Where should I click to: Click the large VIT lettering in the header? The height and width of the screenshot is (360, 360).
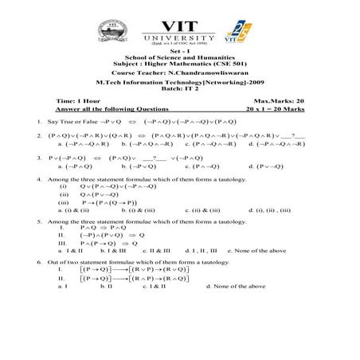point(181,22)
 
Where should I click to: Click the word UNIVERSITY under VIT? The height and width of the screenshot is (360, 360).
point(180,37)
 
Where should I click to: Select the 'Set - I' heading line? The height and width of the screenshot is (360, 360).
point(179,52)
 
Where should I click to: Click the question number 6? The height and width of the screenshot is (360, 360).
point(39,262)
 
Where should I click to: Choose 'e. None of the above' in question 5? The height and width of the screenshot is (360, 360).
point(258,250)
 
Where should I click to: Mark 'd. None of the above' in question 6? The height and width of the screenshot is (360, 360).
point(237,285)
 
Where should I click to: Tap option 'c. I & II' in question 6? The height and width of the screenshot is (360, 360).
point(154,285)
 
